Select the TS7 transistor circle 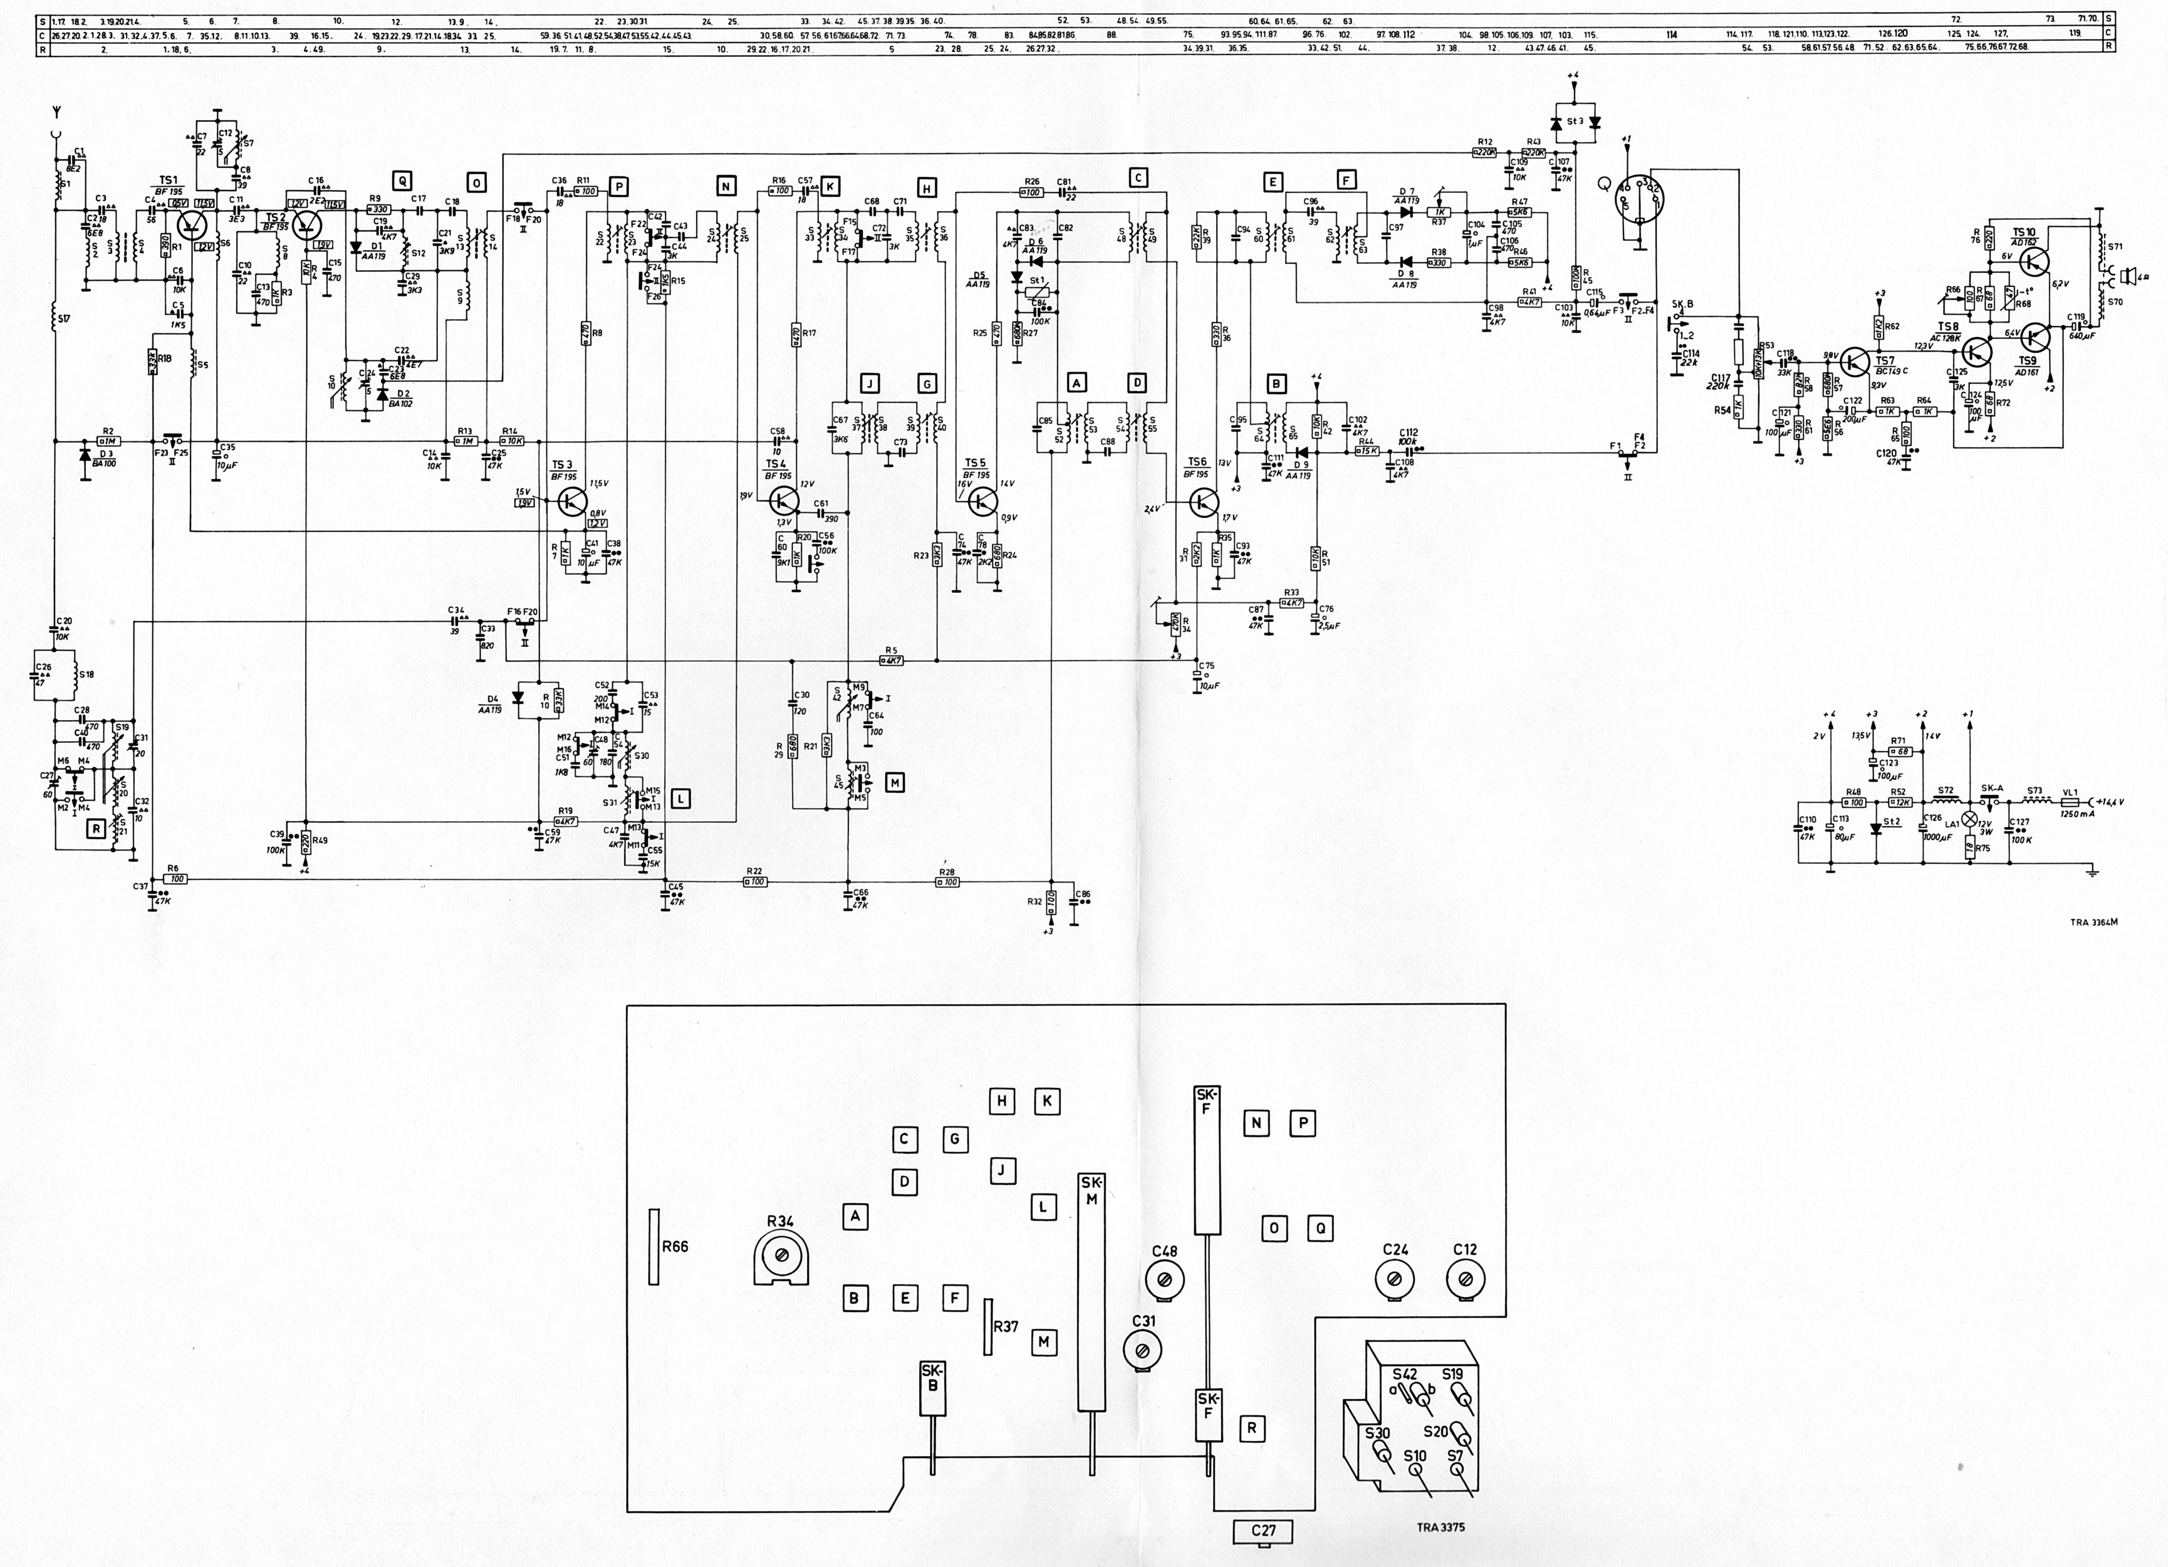1855,362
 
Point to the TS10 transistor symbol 2035,260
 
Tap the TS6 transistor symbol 1204,502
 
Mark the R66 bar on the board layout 654,1247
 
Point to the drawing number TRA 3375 1440,1527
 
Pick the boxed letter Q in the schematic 402,182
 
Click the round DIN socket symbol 1639,201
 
